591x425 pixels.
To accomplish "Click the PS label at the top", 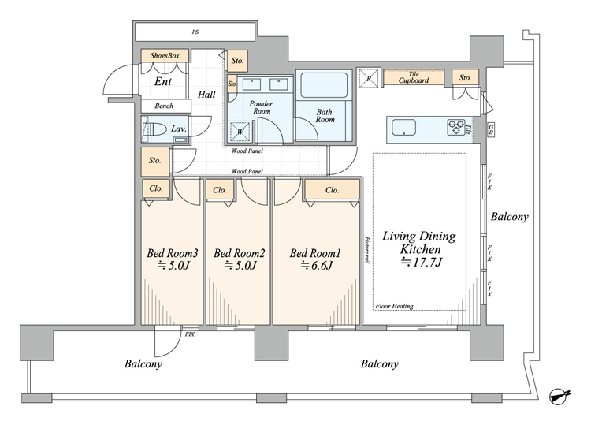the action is coord(195,32).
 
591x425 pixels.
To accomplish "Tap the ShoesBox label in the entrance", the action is coord(165,56).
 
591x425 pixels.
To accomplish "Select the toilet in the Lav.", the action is coord(155,130).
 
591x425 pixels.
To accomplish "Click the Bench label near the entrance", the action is coord(164,106).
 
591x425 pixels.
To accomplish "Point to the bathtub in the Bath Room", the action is coord(324,85).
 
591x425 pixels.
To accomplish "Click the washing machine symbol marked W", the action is coord(240,132).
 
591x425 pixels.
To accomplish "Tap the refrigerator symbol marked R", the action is coord(368,78).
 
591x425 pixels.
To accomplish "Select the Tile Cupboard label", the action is coord(414,77).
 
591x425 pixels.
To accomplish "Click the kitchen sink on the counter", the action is coord(403,128).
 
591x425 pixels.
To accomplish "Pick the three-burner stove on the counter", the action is coord(456,127).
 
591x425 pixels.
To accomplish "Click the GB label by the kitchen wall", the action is coord(491,130).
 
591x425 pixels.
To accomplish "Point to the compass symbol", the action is coord(559,397).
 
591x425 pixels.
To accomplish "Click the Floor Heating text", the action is coord(394,306).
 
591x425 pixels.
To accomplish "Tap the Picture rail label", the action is coord(367,250).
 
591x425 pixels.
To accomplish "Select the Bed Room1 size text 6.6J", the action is coord(316,266).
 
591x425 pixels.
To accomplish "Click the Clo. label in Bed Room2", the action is coord(219,190).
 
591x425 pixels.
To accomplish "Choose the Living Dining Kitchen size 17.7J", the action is coord(421,262).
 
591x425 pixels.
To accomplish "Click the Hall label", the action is coord(206,95).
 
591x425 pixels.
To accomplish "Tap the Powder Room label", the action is coord(261,107).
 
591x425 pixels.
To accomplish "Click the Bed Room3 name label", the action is coord(173,253).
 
